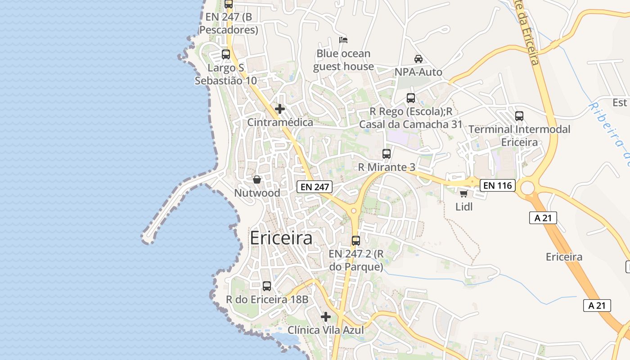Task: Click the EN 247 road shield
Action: pyautogui.click(x=315, y=187)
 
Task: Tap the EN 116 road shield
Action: pyautogui.click(x=497, y=185)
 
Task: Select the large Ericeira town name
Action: pyautogui.click(x=281, y=238)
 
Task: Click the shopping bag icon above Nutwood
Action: pyautogui.click(x=257, y=180)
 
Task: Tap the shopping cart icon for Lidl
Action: pyautogui.click(x=463, y=194)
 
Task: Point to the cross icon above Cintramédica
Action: pyautogui.click(x=280, y=109)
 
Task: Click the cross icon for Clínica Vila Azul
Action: pyautogui.click(x=326, y=317)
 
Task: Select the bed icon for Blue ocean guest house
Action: pyautogui.click(x=343, y=40)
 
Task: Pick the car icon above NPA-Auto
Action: pyautogui.click(x=418, y=59)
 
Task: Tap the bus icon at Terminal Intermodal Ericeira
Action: pyautogui.click(x=519, y=116)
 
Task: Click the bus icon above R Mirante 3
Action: pyautogui.click(x=387, y=154)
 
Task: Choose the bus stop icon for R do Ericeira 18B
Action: pyautogui.click(x=267, y=286)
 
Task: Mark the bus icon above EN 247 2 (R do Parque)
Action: pyautogui.click(x=356, y=241)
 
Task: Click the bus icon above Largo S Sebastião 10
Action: pyautogui.click(x=226, y=55)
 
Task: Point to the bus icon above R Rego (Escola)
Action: pyautogui.click(x=411, y=98)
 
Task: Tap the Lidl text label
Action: pyautogui.click(x=464, y=207)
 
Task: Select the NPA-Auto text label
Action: pyautogui.click(x=418, y=72)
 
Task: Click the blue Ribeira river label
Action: pyautogui.click(x=607, y=130)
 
